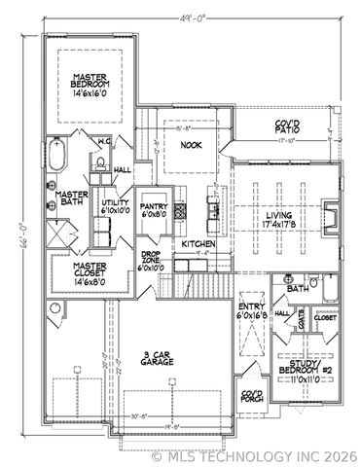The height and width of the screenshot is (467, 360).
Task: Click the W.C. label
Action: click(x=103, y=142)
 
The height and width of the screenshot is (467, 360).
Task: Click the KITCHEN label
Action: click(x=198, y=243)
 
